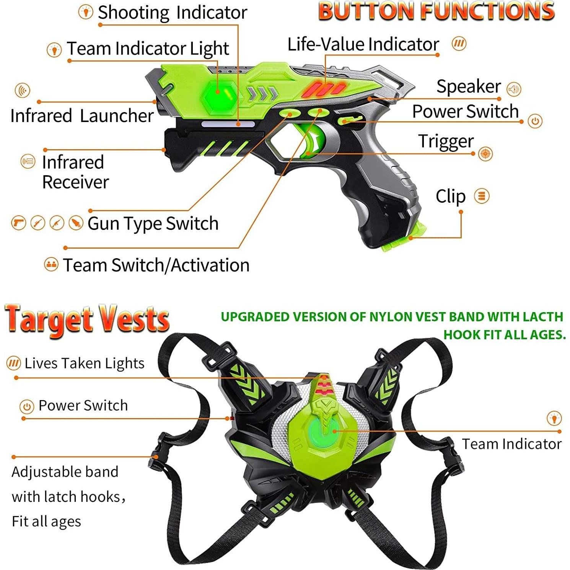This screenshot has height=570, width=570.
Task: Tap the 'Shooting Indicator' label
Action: click(x=172, y=13)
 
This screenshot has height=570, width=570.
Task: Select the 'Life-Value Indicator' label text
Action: click(x=363, y=44)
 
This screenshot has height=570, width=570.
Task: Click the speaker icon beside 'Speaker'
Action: click(x=514, y=89)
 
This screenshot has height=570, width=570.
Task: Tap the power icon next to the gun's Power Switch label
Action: click(x=535, y=121)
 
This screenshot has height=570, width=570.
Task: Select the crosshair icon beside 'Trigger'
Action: click(x=485, y=154)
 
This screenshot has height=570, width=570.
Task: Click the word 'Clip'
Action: click(x=450, y=197)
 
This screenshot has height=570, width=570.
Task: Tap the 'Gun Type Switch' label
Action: click(x=153, y=223)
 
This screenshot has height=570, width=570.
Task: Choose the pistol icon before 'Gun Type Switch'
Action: click(x=18, y=223)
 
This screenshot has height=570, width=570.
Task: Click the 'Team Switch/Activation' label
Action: click(x=156, y=265)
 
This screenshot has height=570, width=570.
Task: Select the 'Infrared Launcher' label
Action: click(x=82, y=116)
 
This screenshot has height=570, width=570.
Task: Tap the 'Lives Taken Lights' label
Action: click(x=84, y=363)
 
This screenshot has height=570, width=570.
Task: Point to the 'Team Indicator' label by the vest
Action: click(x=511, y=444)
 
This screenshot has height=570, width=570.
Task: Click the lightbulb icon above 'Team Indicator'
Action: click(x=554, y=418)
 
